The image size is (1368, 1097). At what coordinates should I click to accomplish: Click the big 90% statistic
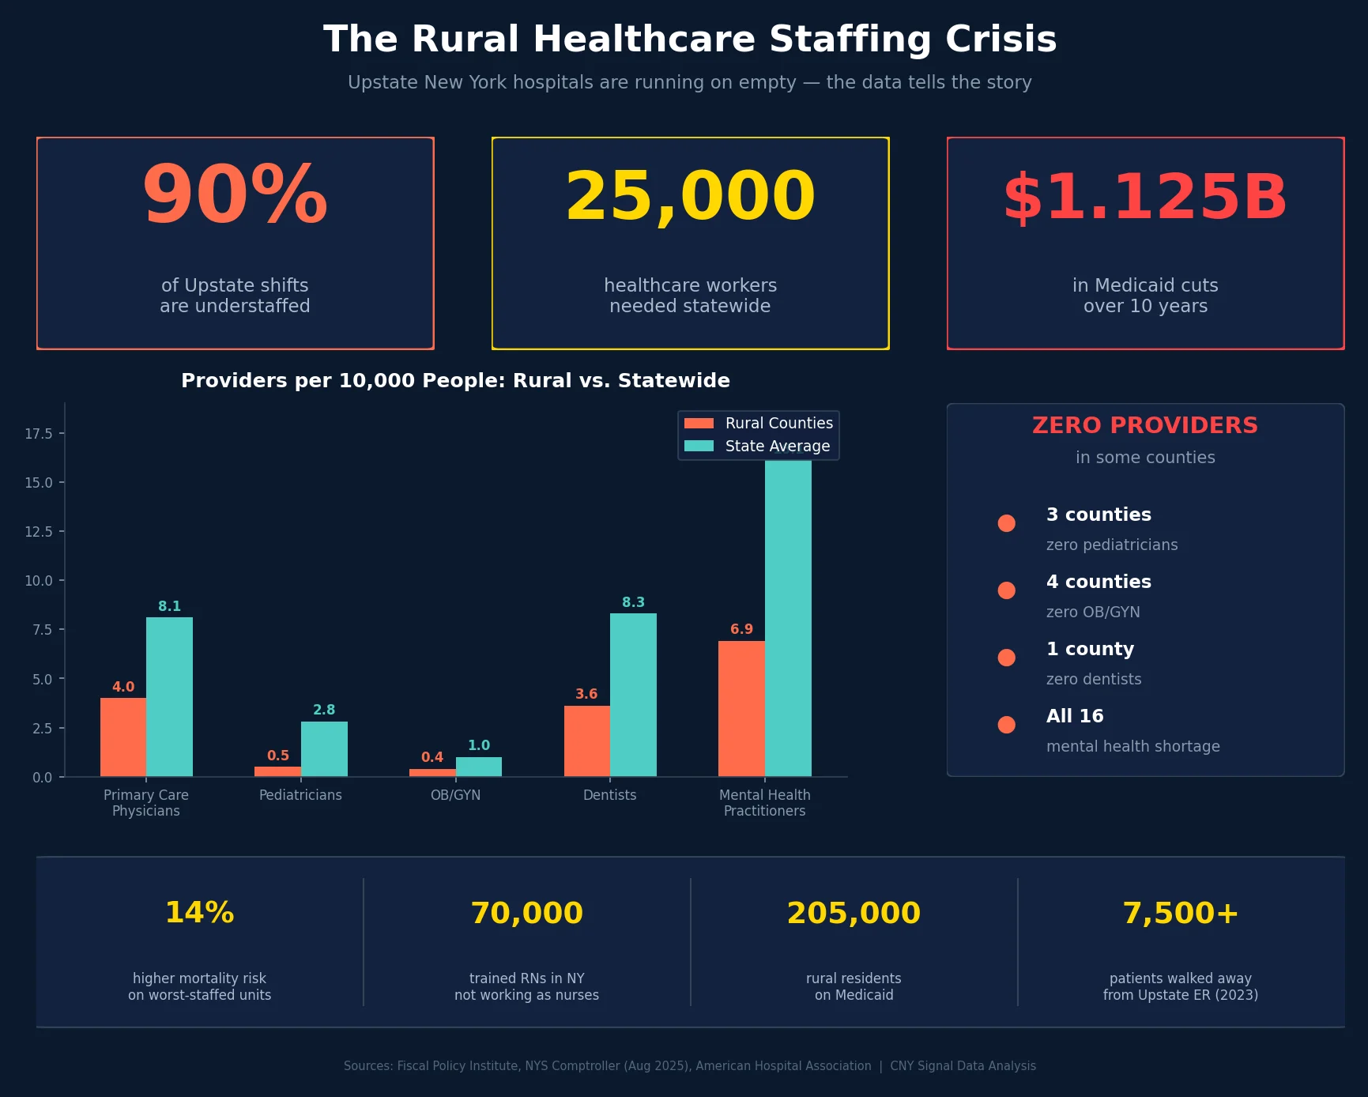[x=235, y=196]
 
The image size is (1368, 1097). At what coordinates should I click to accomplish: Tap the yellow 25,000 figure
[x=690, y=197]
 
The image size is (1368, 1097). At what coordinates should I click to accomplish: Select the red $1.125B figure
[x=1145, y=197]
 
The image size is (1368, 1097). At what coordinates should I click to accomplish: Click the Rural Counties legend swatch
[x=699, y=424]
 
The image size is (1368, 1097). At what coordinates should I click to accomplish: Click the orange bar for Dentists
[x=586, y=741]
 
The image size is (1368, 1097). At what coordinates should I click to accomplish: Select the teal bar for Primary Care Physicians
[x=169, y=696]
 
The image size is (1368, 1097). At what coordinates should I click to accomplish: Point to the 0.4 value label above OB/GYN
[x=432, y=757]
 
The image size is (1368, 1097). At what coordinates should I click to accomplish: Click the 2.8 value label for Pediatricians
[x=324, y=710]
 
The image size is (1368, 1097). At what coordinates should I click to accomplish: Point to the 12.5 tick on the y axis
[x=39, y=532]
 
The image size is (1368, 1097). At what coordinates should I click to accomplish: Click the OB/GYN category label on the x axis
[x=455, y=795]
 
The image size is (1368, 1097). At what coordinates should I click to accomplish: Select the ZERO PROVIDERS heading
[x=1144, y=425]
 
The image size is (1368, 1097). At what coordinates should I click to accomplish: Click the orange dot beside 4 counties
[x=1006, y=590]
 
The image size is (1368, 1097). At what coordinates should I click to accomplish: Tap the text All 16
[x=1075, y=716]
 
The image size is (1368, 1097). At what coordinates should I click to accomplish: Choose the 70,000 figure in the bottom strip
[x=526, y=913]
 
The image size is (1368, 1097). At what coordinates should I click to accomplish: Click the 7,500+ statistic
[x=1180, y=913]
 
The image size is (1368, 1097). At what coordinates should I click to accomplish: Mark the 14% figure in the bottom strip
[x=199, y=913]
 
